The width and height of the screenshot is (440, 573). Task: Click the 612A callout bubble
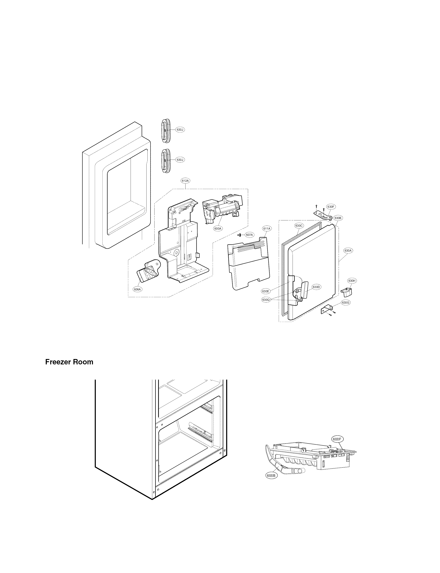(185, 181)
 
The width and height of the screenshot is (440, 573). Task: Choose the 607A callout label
(249, 235)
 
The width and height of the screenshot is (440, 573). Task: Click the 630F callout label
(331, 207)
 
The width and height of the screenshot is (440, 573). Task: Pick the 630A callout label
(348, 251)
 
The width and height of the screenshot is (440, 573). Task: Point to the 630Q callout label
(266, 300)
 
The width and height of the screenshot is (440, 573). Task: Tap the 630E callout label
(266, 291)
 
